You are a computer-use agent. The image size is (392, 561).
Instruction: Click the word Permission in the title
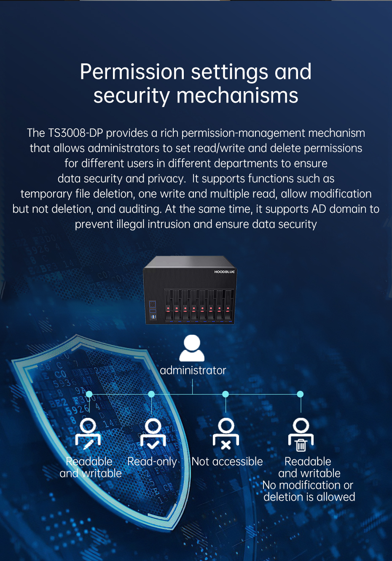click(x=132, y=72)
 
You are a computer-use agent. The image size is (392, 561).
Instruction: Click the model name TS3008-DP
click(x=75, y=133)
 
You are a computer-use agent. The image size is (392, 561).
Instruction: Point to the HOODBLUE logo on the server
click(x=224, y=272)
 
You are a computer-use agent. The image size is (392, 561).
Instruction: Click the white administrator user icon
click(x=192, y=348)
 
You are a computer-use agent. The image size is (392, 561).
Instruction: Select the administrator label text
click(x=193, y=370)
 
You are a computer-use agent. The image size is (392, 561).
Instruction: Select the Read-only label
click(x=152, y=461)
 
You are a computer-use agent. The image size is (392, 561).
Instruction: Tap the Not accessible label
click(x=227, y=461)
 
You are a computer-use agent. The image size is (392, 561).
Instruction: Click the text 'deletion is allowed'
click(x=309, y=497)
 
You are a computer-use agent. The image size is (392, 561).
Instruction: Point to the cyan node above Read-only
click(x=151, y=394)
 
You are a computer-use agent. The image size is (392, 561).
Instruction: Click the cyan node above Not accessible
click(x=226, y=394)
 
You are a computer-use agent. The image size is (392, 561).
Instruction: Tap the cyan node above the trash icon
click(x=300, y=394)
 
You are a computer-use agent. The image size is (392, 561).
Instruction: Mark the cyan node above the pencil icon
click(x=89, y=394)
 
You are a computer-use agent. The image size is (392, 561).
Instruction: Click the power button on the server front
click(x=153, y=304)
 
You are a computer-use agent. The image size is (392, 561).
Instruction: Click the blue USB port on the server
click(x=153, y=317)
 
